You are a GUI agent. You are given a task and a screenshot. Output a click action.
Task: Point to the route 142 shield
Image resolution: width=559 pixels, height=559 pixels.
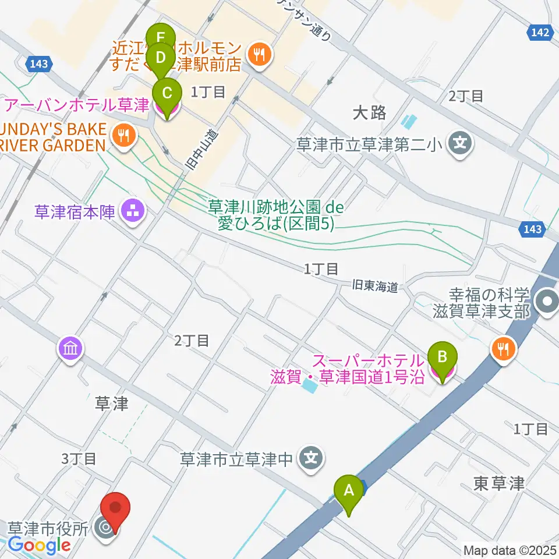(x=540, y=34)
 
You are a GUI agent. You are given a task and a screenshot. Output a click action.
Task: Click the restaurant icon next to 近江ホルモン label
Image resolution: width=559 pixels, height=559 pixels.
(x=258, y=55)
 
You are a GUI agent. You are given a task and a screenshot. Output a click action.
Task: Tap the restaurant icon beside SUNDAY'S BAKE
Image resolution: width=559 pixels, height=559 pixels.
(x=123, y=136)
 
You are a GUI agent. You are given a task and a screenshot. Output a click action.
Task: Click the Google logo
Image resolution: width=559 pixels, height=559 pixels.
(x=40, y=546)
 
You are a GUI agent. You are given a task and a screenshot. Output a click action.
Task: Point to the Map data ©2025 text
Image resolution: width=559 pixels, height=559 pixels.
(x=509, y=550)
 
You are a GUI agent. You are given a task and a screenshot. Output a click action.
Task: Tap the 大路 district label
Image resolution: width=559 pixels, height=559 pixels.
(x=370, y=112)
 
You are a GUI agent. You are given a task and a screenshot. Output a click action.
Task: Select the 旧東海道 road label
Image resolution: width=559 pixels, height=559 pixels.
(x=375, y=286)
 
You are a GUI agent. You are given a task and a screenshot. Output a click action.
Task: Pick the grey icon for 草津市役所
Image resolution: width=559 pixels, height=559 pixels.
(x=105, y=528)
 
